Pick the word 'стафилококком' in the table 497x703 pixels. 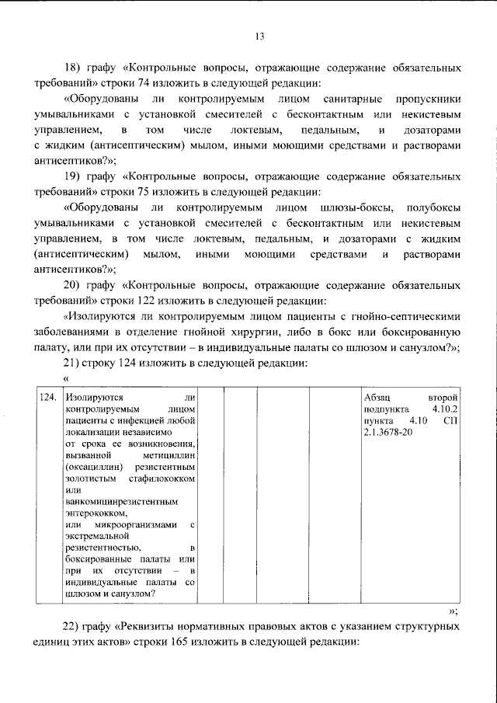coord(165,477)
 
